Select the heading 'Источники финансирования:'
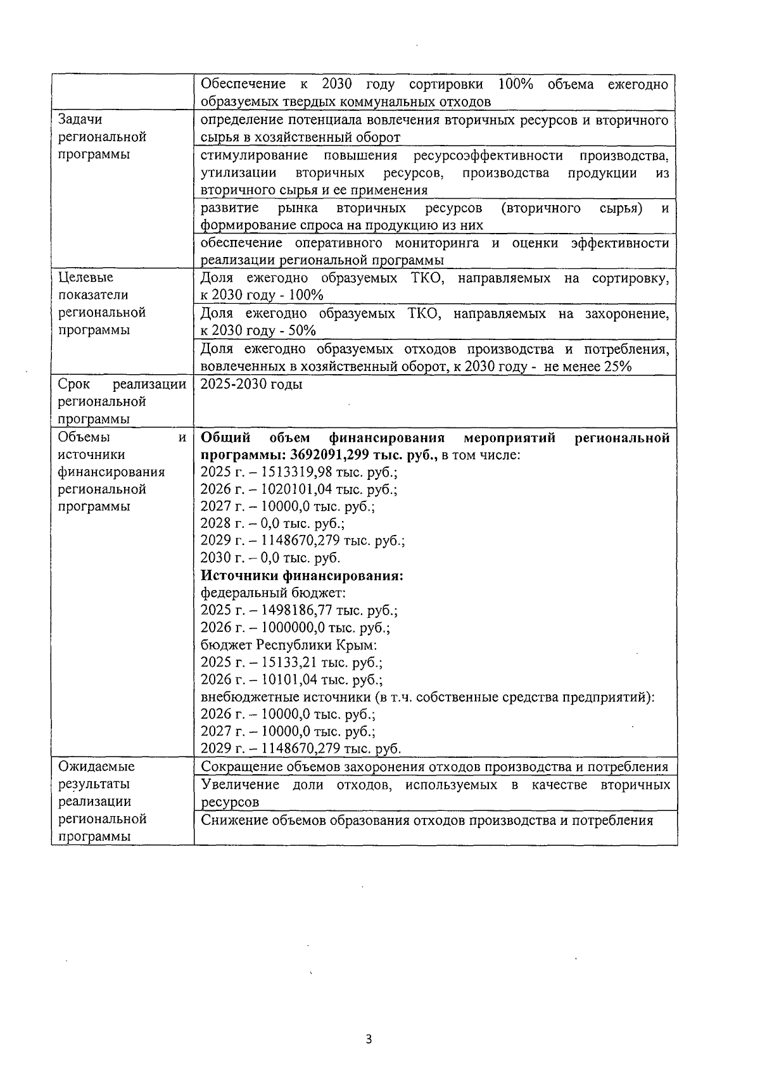coord(302,576)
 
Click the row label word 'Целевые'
coord(85,277)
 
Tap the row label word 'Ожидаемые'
coord(96,767)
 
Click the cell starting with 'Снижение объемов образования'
coord(426,821)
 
